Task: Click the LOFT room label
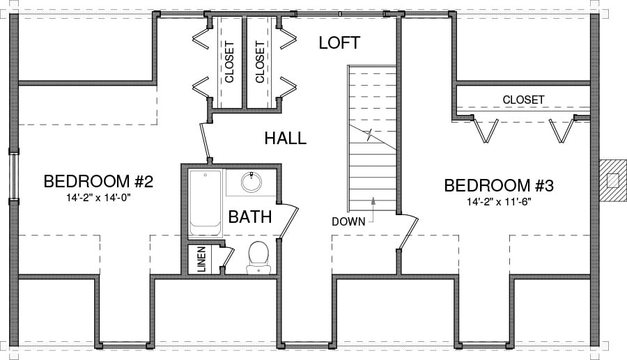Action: [339, 42]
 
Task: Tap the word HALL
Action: [286, 139]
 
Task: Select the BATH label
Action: [250, 217]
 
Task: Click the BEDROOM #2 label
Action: [98, 182]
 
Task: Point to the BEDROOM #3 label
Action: [499, 186]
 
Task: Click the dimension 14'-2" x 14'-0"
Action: [99, 197]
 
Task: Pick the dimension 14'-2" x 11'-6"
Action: [498, 202]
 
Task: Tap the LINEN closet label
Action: [202, 259]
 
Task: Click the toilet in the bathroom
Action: [258, 258]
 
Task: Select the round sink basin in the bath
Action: [251, 182]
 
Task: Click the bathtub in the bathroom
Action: [205, 203]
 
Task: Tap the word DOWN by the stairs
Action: [349, 221]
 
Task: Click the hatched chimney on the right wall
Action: [612, 180]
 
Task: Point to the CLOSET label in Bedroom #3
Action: [523, 100]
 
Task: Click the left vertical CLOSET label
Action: [229, 62]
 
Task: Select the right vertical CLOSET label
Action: [260, 62]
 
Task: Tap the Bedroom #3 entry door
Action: [408, 233]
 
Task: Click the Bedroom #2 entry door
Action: [205, 141]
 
